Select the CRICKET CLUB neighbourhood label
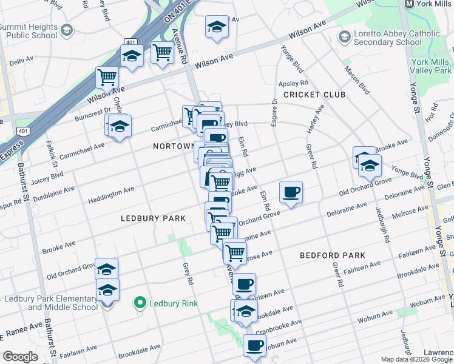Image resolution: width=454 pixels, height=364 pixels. (314, 95)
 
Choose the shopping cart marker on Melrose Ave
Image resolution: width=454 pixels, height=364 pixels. (234, 251)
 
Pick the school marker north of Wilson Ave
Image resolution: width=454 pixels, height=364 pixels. (217, 27)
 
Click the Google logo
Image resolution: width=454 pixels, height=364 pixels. (20, 357)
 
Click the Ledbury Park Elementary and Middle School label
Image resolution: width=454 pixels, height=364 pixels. (51, 302)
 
